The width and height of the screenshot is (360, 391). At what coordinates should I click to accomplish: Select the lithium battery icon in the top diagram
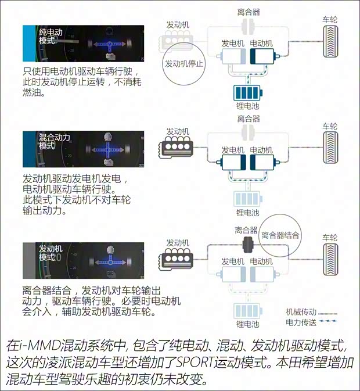coord(248,93)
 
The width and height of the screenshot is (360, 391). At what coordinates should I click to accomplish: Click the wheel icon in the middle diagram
coord(330,148)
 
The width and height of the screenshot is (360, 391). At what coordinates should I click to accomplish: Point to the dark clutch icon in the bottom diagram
coord(248,245)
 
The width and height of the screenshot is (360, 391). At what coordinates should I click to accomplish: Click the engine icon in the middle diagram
coord(176,149)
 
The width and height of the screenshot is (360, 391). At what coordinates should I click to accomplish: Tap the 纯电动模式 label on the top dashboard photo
coord(51,36)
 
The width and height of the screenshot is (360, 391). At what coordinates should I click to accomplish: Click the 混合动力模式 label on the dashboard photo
coord(54,141)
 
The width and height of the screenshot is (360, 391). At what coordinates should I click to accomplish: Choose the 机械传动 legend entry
coord(311,312)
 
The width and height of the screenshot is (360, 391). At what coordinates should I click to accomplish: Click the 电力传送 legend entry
coord(311,322)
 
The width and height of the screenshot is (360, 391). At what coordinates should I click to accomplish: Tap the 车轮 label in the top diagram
coord(330,20)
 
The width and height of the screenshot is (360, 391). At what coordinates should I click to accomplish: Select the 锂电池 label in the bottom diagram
coord(247,324)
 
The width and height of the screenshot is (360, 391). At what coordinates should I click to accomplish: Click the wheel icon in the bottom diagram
coord(330,259)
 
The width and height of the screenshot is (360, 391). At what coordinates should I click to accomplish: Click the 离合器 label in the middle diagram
coord(249,119)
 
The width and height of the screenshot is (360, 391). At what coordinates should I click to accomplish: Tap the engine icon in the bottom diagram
coord(176,260)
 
